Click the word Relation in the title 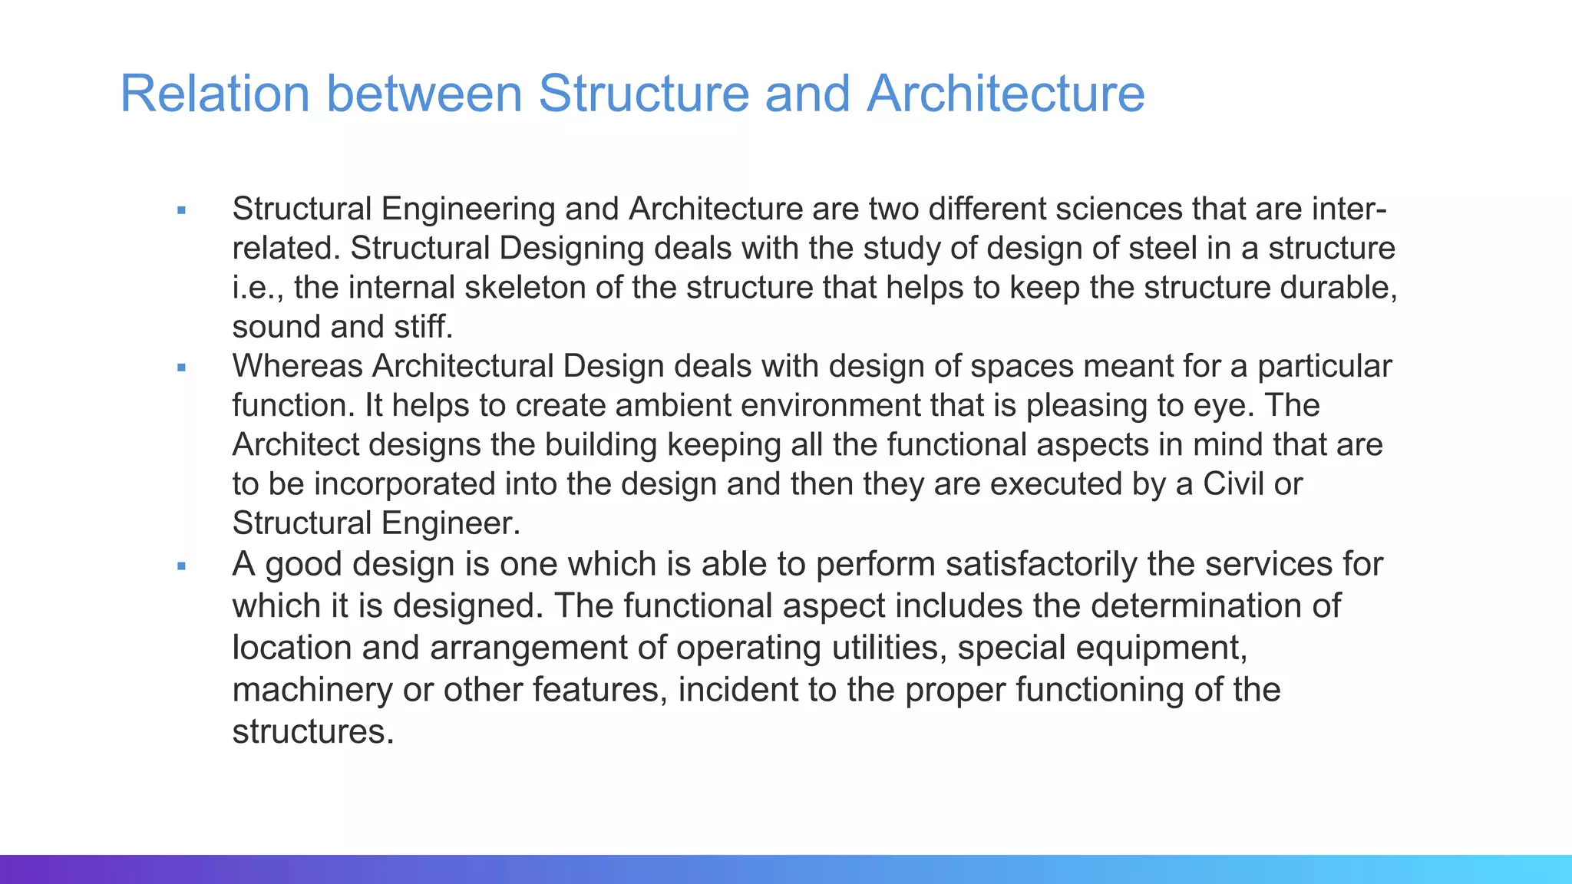click(x=215, y=94)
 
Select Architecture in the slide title click(x=1006, y=94)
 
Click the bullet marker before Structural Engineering click(x=182, y=210)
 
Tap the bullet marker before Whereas click(x=182, y=368)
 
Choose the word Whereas click(x=297, y=366)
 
